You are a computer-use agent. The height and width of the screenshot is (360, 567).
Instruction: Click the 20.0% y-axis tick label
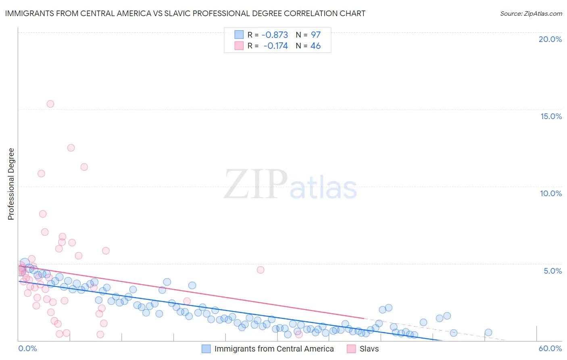[x=550, y=39]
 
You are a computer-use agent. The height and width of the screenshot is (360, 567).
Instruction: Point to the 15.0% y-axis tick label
[x=551, y=116]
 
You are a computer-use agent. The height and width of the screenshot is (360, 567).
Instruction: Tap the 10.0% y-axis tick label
[x=551, y=193]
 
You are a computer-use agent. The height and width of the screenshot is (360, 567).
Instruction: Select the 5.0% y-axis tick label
[x=552, y=271]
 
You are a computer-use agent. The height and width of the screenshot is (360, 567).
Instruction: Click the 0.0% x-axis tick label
[x=27, y=348]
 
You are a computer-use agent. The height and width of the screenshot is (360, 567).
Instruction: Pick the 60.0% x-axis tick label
[x=550, y=348]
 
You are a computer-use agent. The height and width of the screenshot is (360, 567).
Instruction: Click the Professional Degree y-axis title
[x=11, y=184]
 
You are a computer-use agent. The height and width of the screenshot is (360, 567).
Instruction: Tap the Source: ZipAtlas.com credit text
[x=531, y=14]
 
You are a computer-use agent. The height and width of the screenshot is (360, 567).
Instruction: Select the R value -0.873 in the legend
[x=275, y=35]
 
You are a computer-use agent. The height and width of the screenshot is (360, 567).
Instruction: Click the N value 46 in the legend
[x=315, y=46]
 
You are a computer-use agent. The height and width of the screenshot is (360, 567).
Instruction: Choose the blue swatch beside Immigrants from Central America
[x=206, y=349]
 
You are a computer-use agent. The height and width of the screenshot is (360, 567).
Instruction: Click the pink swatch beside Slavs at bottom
[x=351, y=349]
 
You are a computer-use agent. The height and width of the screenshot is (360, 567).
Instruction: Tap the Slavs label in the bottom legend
[x=369, y=349]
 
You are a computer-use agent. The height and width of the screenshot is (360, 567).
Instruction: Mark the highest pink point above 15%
[x=50, y=104]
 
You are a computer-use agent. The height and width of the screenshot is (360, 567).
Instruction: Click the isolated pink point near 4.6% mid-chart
[x=261, y=270]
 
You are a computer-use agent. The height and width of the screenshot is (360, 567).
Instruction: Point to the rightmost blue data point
[x=488, y=333]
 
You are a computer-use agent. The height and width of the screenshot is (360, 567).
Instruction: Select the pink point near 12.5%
[x=71, y=148]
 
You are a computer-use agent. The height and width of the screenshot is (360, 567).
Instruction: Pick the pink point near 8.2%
[x=43, y=214]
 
